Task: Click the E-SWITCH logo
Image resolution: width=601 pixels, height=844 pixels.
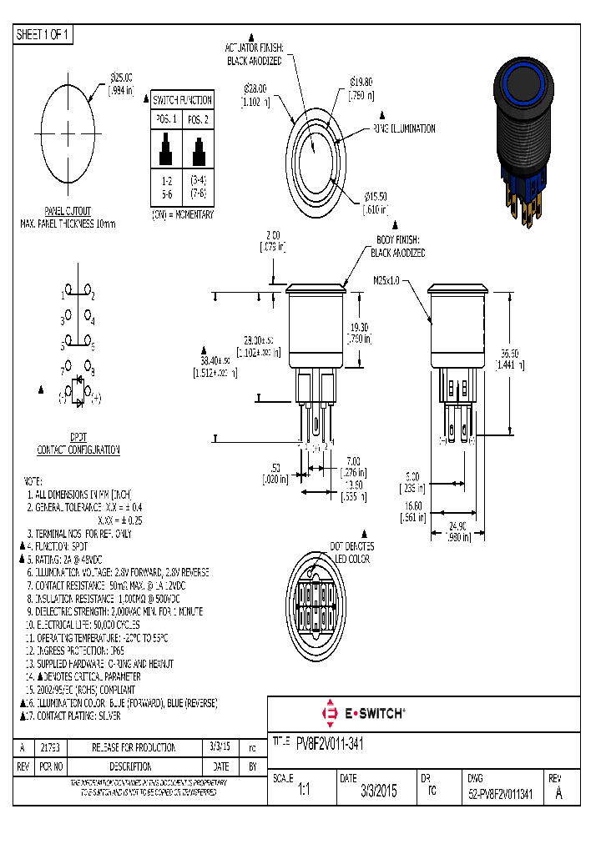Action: tap(364, 713)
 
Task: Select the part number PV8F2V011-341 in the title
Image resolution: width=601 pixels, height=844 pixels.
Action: tap(329, 742)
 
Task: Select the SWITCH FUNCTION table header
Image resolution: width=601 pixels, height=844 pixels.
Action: tap(183, 100)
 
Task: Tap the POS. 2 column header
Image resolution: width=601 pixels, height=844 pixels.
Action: tap(198, 119)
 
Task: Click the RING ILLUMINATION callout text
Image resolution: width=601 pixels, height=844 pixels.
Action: tap(404, 129)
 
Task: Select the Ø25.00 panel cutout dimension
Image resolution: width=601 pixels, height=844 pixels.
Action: tap(121, 78)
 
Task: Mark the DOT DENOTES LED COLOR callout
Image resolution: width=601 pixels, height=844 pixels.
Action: tap(351, 552)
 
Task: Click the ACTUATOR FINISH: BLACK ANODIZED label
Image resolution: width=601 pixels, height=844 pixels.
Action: tap(255, 54)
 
